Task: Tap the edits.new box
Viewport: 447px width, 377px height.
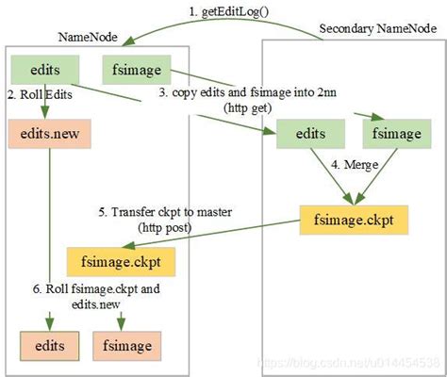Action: pos(41,132)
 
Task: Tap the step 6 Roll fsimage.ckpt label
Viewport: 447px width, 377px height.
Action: pos(101,287)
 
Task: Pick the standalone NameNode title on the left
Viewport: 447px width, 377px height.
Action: pos(87,37)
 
